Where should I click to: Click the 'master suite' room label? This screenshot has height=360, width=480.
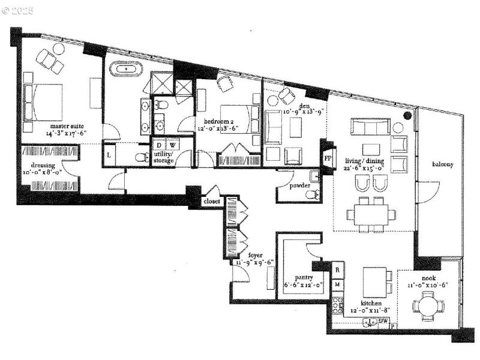click(x=67, y=126)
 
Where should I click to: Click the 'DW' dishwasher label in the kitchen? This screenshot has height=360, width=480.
click(x=383, y=321)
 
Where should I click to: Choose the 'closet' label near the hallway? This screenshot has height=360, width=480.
click(x=212, y=202)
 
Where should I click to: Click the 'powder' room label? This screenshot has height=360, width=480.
click(x=299, y=185)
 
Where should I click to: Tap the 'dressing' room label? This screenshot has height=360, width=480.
click(x=43, y=165)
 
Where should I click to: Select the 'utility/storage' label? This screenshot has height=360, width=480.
click(x=163, y=157)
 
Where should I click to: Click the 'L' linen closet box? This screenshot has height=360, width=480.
click(x=109, y=155)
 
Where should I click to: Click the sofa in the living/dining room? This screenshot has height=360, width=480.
click(x=370, y=127)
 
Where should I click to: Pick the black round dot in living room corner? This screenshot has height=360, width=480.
click(x=407, y=115)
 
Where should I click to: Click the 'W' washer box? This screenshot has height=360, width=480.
click(x=171, y=145)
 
